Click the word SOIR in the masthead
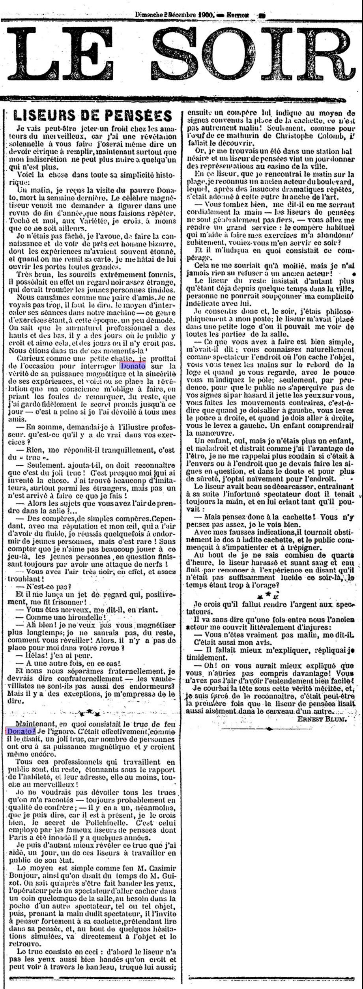[262, 55]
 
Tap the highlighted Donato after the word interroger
[133, 366]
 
